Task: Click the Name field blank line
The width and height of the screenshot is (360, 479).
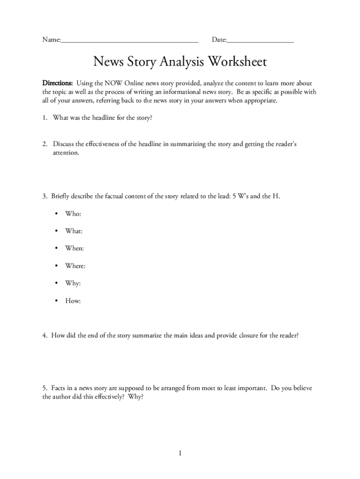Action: click(130, 41)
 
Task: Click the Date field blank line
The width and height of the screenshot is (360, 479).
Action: click(260, 41)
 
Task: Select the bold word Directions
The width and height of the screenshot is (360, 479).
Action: click(58, 83)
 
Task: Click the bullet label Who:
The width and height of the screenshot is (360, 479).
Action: click(73, 214)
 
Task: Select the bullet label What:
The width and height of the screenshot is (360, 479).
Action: click(74, 231)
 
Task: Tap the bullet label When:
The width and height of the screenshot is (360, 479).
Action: click(74, 249)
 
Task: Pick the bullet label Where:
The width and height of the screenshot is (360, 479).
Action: click(75, 266)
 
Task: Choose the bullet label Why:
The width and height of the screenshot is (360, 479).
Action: click(73, 283)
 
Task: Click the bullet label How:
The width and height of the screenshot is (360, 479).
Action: click(73, 301)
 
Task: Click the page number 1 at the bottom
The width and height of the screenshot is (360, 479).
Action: click(180, 453)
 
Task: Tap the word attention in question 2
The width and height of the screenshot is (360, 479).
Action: click(66, 153)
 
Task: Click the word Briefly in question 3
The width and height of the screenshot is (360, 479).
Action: click(62, 196)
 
